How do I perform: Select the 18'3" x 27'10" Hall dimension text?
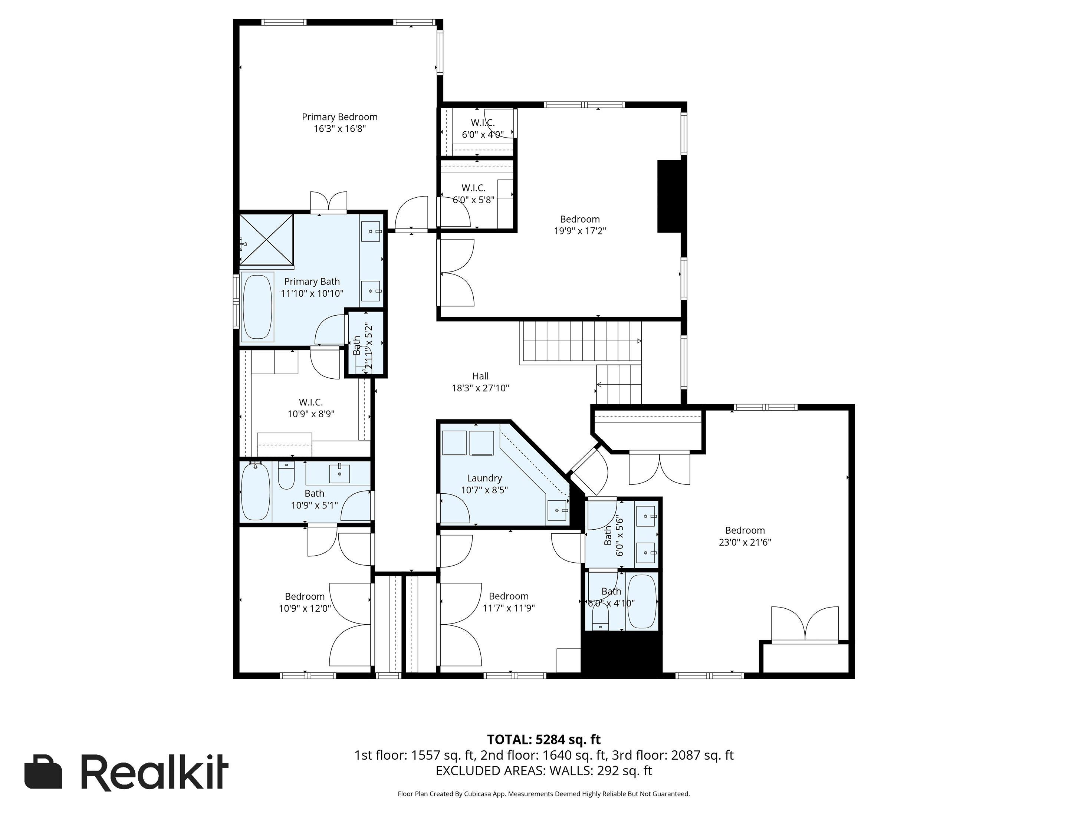coord(480,388)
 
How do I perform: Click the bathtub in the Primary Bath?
coord(257,307)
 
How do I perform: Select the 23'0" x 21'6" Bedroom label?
coord(744,536)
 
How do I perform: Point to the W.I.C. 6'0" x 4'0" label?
coord(483,128)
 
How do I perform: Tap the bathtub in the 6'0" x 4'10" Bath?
coord(642,602)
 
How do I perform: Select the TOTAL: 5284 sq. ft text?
coord(543,739)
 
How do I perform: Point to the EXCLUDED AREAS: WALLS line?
coord(543,771)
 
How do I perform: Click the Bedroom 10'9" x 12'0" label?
coord(305,602)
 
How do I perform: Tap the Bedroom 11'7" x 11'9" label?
coord(508,602)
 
